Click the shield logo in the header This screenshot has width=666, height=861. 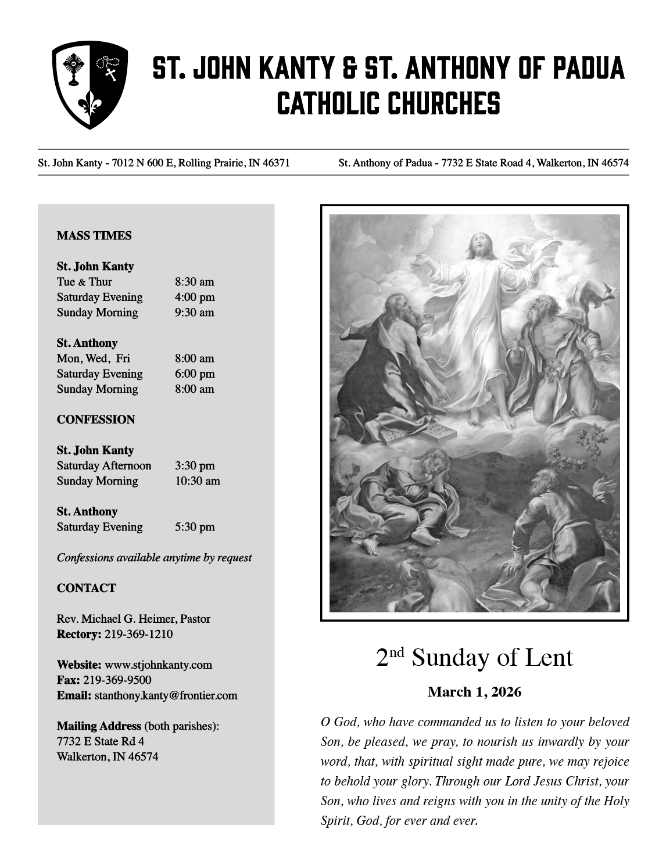(x=90, y=84)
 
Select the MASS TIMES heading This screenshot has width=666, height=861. (x=94, y=236)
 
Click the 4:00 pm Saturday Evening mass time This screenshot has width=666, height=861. (x=195, y=297)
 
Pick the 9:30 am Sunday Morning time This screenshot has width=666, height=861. (x=195, y=313)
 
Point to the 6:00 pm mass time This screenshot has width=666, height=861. (x=195, y=374)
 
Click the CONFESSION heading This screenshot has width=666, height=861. (x=96, y=419)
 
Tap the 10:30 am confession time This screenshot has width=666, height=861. (x=198, y=481)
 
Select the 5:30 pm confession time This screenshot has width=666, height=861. (x=195, y=527)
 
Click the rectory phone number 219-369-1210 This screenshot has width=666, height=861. (x=138, y=634)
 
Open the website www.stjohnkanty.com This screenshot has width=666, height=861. (x=158, y=665)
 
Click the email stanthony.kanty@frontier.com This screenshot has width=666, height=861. (x=166, y=696)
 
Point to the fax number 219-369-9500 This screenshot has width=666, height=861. (x=117, y=680)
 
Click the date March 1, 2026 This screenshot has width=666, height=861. (x=474, y=692)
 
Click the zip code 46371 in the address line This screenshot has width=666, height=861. (x=276, y=163)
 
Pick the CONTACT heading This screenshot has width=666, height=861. (x=86, y=589)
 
